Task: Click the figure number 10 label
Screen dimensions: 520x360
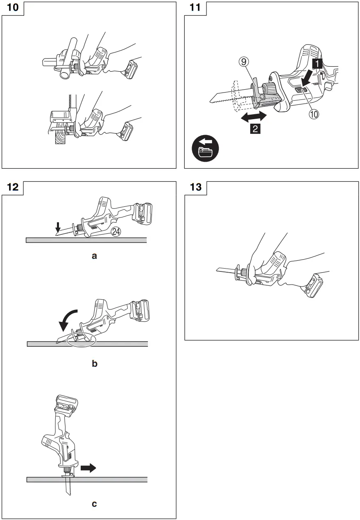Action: click(x=12, y=8)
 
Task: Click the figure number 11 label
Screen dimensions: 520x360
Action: click(x=195, y=8)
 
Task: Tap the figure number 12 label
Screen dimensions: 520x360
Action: click(x=12, y=188)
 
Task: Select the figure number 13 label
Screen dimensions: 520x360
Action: click(x=195, y=188)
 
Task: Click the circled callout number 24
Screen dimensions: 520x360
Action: click(x=117, y=231)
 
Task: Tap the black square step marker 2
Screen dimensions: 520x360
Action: click(x=255, y=129)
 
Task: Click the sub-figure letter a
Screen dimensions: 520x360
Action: click(x=94, y=256)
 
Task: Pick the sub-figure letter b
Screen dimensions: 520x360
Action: click(x=94, y=363)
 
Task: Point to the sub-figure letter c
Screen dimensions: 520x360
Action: click(x=94, y=503)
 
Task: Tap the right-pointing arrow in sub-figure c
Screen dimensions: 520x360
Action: click(x=88, y=468)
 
